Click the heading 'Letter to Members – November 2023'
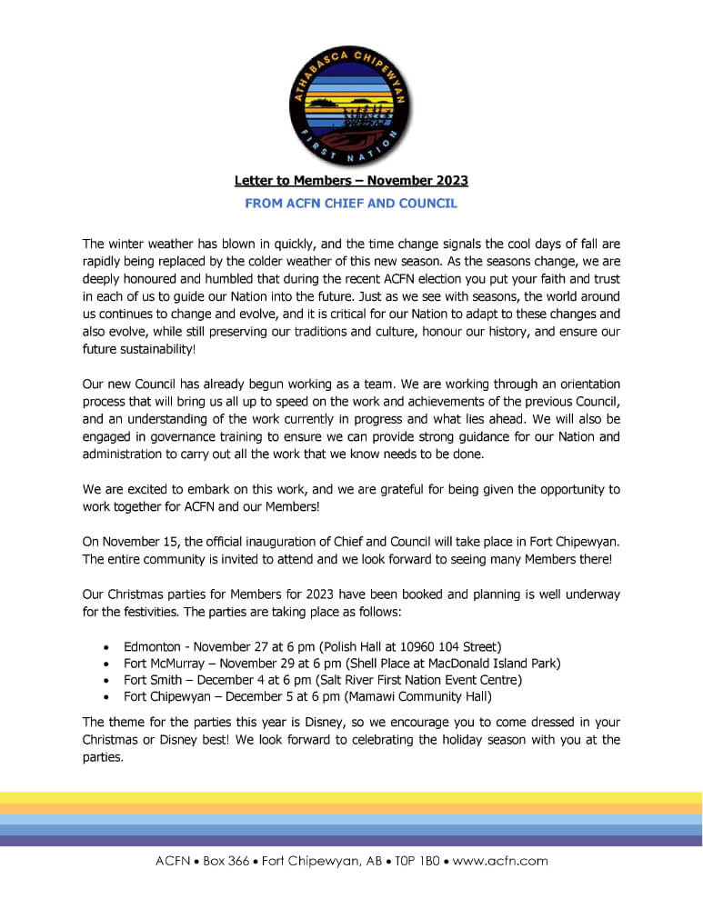tap(351, 182)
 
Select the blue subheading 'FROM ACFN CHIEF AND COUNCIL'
tap(351, 204)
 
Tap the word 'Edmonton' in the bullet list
tap(152, 646)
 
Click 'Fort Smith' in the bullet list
tap(153, 680)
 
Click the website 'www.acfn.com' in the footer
tap(500, 861)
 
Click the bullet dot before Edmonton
tap(108, 647)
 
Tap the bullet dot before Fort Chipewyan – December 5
tap(108, 697)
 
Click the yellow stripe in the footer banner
tap(351, 797)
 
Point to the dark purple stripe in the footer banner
tap(351, 841)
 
